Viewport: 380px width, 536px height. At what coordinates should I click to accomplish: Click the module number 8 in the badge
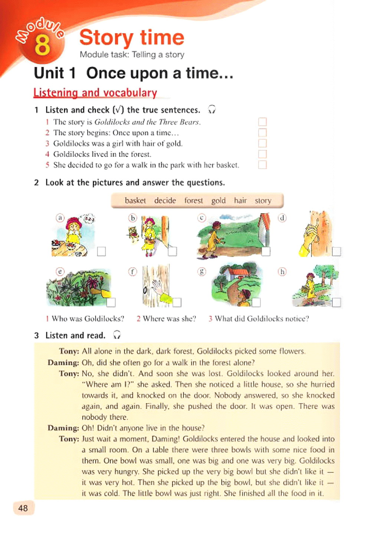coord(42,45)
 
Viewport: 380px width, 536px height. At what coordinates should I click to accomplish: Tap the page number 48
coord(23,508)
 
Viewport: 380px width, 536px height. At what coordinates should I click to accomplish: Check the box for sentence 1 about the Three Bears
coord(262,122)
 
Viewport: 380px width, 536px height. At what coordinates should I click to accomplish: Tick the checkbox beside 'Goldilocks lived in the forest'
coord(262,154)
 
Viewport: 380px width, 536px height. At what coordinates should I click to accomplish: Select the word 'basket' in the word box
coord(135,201)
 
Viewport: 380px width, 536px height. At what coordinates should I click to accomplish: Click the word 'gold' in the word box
coord(218,201)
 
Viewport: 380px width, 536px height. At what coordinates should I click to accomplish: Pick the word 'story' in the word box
coord(263,201)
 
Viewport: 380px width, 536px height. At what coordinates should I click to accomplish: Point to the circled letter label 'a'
coord(60,218)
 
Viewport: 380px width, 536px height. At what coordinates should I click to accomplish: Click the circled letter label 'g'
coord(202,272)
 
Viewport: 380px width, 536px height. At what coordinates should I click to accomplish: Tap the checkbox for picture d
coord(336,251)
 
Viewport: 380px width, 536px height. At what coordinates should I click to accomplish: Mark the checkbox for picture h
coord(336,302)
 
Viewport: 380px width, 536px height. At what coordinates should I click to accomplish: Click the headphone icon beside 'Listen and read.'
coord(117,335)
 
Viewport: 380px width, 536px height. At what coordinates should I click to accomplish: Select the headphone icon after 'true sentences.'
coord(212,109)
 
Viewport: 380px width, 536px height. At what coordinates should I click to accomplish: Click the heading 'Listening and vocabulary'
coord(95,93)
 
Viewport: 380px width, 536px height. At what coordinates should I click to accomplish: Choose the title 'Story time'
coord(132,37)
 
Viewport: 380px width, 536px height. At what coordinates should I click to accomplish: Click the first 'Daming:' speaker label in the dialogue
coord(63,362)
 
